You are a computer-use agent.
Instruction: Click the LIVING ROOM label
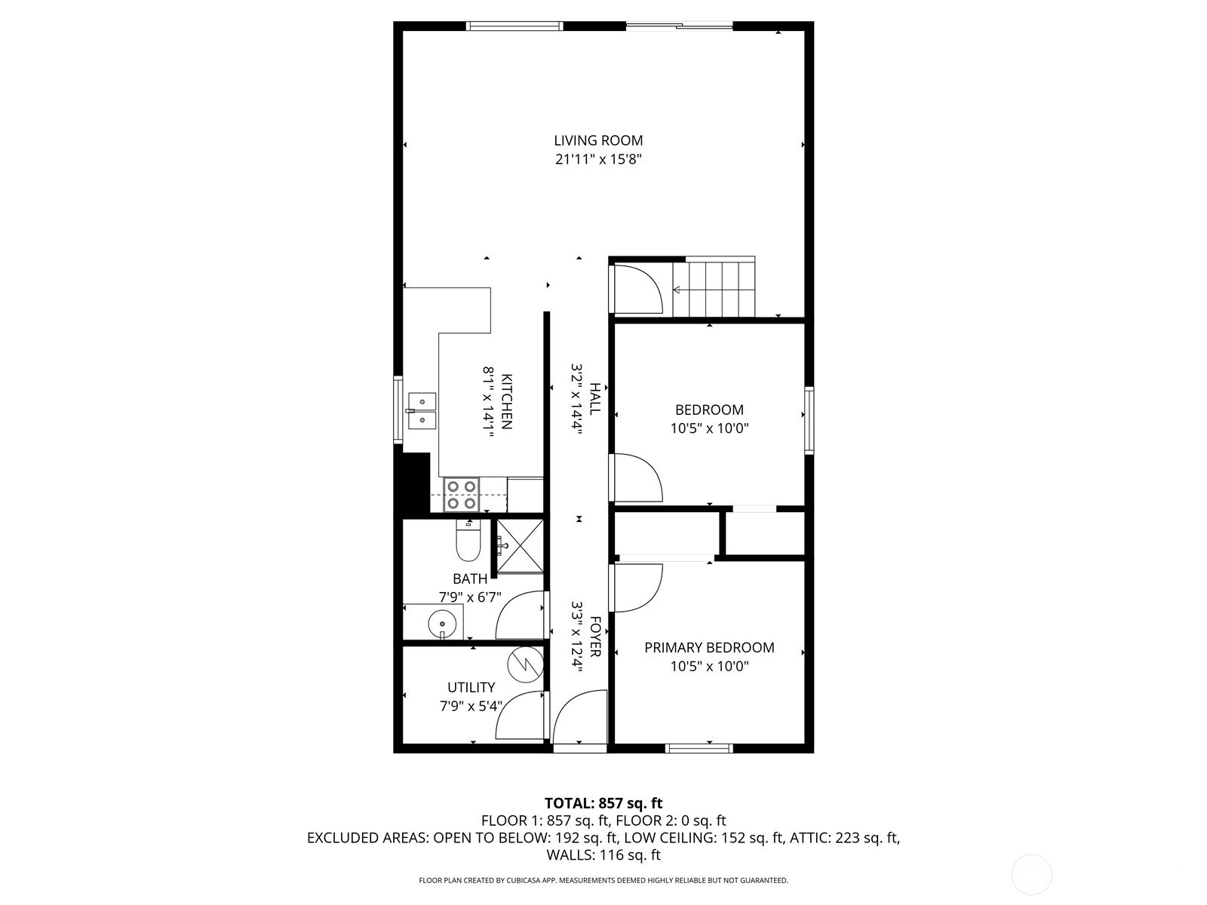point(598,141)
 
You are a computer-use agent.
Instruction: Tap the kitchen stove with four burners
point(462,495)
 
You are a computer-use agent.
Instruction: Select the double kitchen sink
point(422,411)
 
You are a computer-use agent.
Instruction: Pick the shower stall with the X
point(520,545)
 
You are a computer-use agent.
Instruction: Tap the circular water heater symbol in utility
point(524,666)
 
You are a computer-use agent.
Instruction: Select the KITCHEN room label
point(507,402)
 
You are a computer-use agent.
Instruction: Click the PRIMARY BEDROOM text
point(709,648)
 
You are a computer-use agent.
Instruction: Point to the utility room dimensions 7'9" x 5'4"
point(471,706)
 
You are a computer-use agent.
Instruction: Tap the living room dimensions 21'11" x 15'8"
point(599,160)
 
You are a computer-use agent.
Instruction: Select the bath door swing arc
point(520,615)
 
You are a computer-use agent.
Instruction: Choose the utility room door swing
point(520,715)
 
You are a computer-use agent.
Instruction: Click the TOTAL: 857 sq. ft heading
point(603,803)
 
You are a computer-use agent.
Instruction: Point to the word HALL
point(595,398)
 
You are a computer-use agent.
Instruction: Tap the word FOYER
point(595,637)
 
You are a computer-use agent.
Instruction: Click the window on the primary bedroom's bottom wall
point(699,748)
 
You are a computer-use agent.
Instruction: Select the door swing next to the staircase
point(638,289)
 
